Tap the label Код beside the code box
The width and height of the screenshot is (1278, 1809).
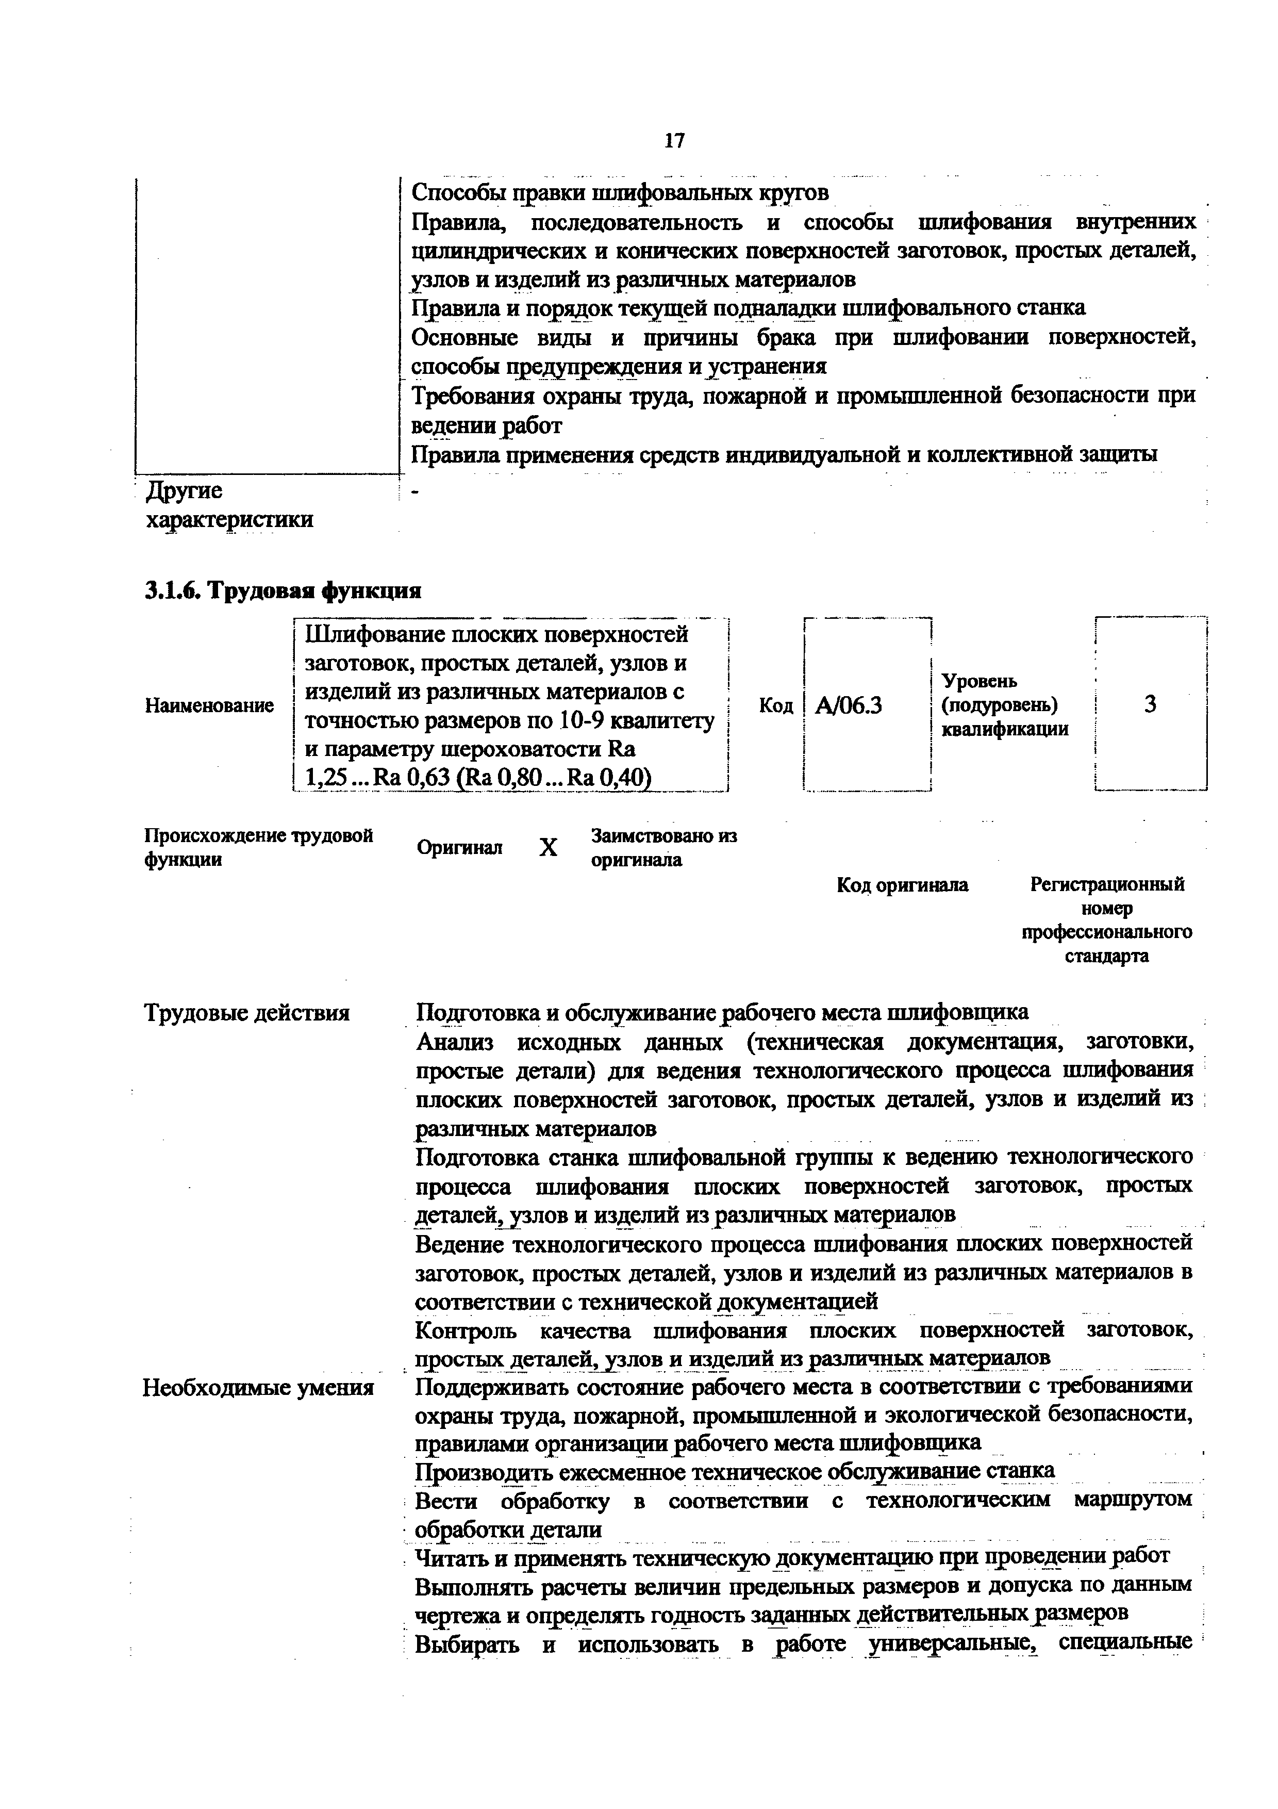tap(776, 705)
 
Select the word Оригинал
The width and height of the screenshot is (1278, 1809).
tap(460, 848)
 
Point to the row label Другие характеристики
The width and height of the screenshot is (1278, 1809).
tap(228, 505)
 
